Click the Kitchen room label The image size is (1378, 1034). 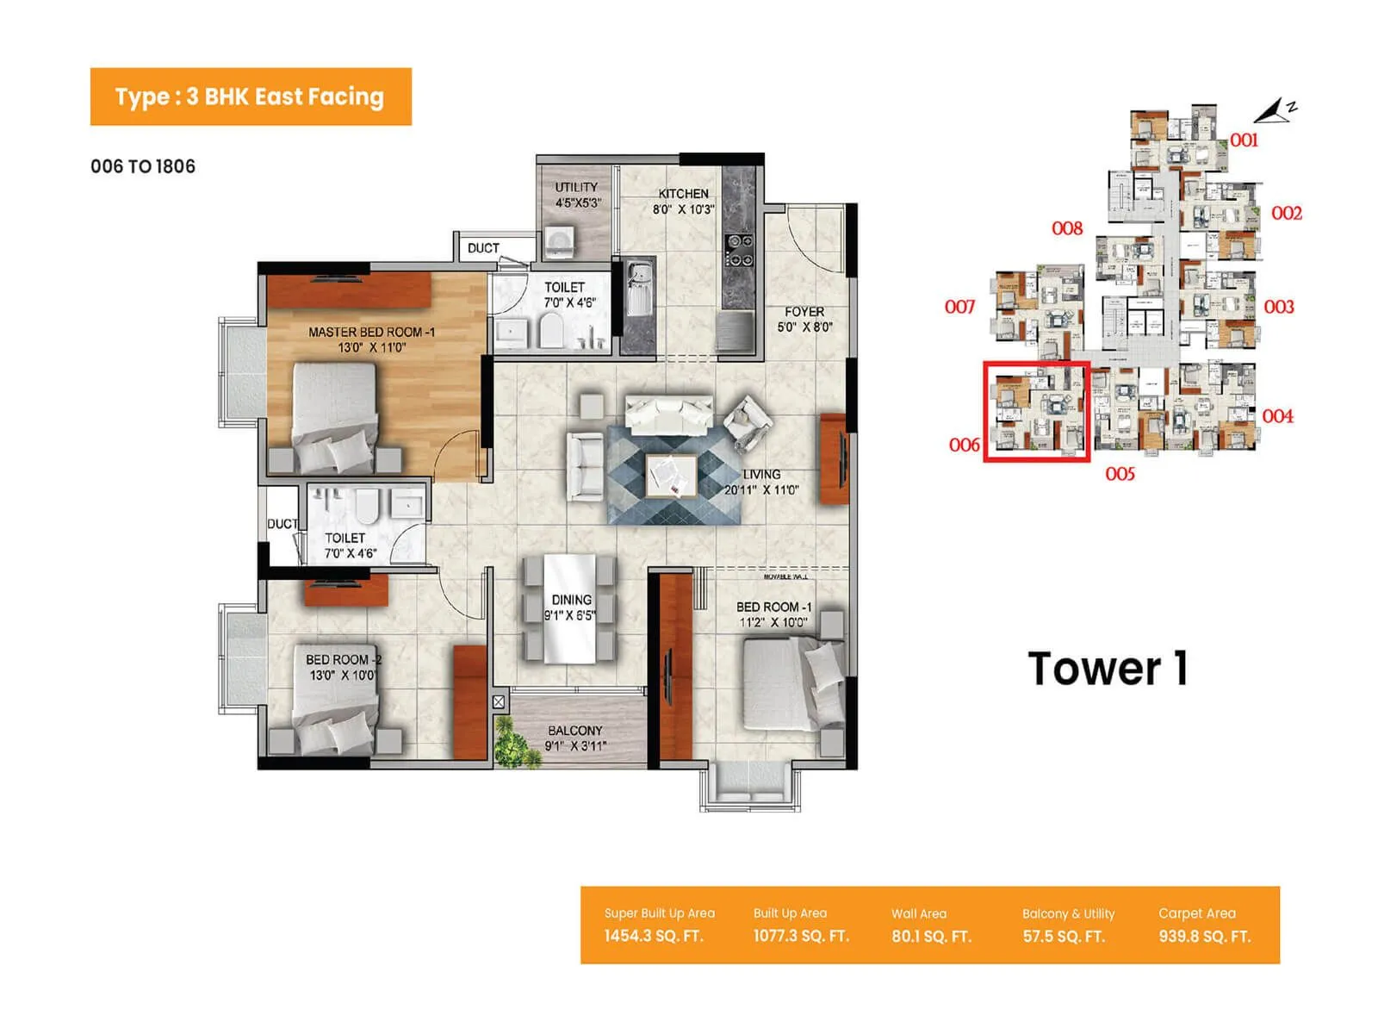point(683,194)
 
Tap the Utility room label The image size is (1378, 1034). point(576,187)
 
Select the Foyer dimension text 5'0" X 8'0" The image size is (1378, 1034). point(804,327)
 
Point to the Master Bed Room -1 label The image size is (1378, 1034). point(371,332)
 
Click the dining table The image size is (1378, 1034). point(569,608)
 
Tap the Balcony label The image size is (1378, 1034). point(574,731)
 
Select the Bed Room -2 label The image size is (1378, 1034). point(343,659)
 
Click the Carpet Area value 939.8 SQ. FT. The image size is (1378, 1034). point(1204,937)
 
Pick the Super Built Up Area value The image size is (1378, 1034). point(653,937)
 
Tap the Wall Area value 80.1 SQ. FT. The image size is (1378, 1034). point(931,937)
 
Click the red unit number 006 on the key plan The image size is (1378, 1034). point(964,445)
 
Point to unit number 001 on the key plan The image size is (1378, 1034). point(1244,140)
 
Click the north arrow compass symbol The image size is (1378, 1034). point(1273,111)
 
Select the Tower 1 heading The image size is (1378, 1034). point(1108,669)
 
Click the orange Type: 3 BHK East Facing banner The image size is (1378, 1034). point(251,97)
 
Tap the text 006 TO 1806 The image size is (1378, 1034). point(143,166)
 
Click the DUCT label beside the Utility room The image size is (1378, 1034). point(483,248)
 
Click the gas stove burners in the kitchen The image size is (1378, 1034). point(739,250)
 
